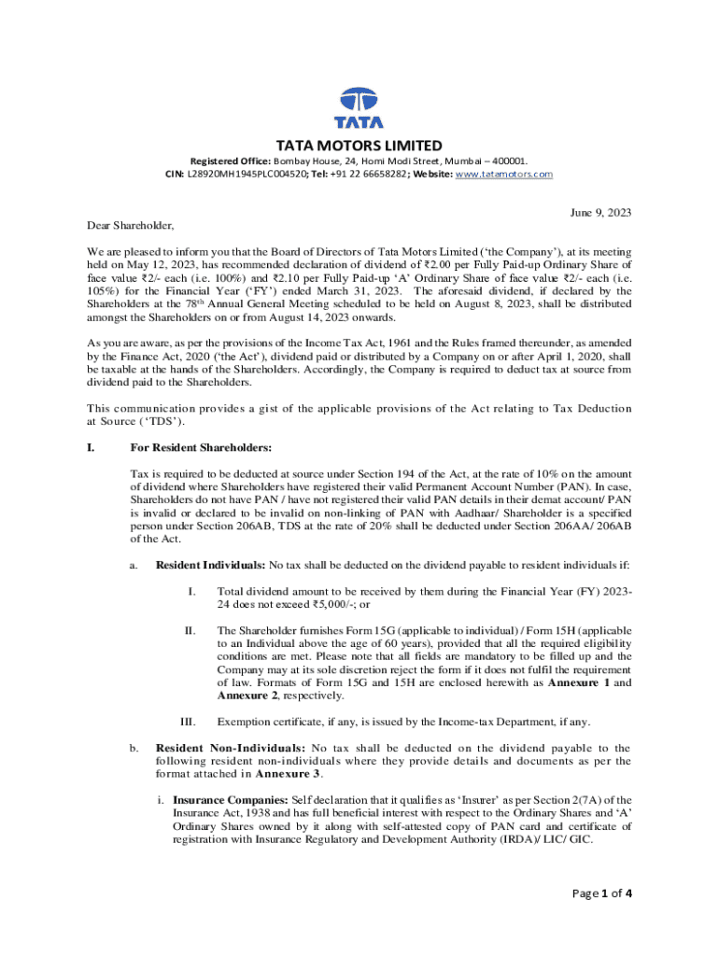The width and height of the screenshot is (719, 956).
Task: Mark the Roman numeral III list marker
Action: pyautogui.click(x=188, y=722)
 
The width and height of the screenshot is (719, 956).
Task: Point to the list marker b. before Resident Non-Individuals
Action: pyautogui.click(x=134, y=748)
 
